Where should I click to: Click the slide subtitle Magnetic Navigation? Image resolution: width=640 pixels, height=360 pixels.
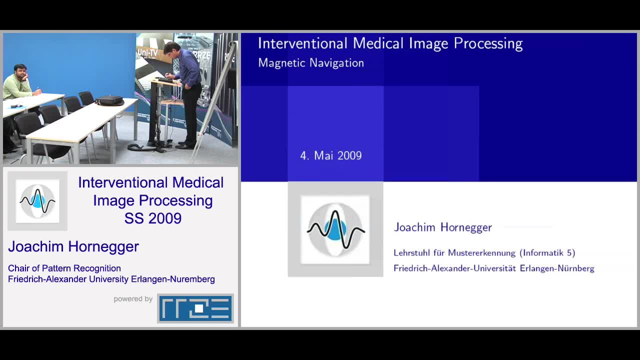pos(310,63)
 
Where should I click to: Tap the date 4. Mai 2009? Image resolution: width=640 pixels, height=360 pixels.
pos(330,155)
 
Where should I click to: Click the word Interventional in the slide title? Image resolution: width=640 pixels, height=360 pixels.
pos(302,43)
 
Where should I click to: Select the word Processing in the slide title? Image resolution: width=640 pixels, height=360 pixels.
pos(488,43)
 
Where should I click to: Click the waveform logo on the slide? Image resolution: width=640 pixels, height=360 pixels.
pos(335,229)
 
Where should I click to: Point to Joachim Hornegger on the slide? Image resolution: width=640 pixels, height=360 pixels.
pos(442,227)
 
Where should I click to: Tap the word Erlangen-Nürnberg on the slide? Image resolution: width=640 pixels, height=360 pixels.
pos(557,268)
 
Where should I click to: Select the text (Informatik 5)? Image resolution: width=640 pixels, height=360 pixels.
pos(547,253)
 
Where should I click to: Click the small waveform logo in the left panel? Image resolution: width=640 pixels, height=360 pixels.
pos(37,201)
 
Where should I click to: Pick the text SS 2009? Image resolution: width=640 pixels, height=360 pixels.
pos(152,218)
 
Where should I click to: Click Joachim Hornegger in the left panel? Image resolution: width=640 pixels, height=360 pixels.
pos(73,246)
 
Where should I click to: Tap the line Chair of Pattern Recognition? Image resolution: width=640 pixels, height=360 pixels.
pos(64,268)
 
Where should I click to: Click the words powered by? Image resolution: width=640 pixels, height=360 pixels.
pos(133,299)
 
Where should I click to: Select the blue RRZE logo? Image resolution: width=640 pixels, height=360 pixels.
pos(195,308)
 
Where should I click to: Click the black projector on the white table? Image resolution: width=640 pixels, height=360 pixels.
pos(109,100)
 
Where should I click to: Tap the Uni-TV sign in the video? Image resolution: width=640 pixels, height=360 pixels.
pos(148,52)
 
